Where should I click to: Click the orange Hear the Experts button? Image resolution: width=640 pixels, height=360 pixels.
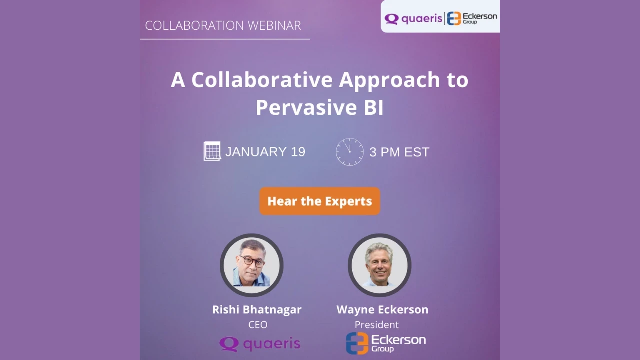point(320,201)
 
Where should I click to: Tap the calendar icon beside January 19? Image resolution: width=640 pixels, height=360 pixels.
point(212,151)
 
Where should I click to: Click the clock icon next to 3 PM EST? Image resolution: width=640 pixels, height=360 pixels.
point(350,152)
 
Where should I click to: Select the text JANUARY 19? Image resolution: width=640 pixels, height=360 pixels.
point(265,152)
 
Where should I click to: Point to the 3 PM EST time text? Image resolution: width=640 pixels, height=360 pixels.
point(399,152)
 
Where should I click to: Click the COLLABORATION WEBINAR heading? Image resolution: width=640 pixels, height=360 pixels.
point(223,25)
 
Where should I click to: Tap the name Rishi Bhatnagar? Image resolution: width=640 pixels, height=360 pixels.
point(257,309)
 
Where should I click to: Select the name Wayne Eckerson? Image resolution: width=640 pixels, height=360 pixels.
point(382,309)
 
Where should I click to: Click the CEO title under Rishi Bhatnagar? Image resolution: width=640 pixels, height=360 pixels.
point(258,325)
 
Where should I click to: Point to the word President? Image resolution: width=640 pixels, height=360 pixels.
point(377,325)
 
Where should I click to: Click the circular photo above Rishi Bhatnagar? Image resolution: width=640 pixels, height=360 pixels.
point(252,265)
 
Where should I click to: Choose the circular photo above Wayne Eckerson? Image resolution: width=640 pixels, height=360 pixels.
point(380,265)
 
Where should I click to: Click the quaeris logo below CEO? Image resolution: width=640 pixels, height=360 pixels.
point(260,344)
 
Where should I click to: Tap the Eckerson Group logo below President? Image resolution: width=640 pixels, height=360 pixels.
point(386,343)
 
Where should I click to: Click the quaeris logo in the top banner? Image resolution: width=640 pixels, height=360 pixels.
point(413,19)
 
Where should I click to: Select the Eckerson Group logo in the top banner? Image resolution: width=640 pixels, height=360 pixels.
point(472,18)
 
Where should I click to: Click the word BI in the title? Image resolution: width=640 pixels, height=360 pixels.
point(373,107)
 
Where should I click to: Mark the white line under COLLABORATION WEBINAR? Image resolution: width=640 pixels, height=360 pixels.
point(225,39)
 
